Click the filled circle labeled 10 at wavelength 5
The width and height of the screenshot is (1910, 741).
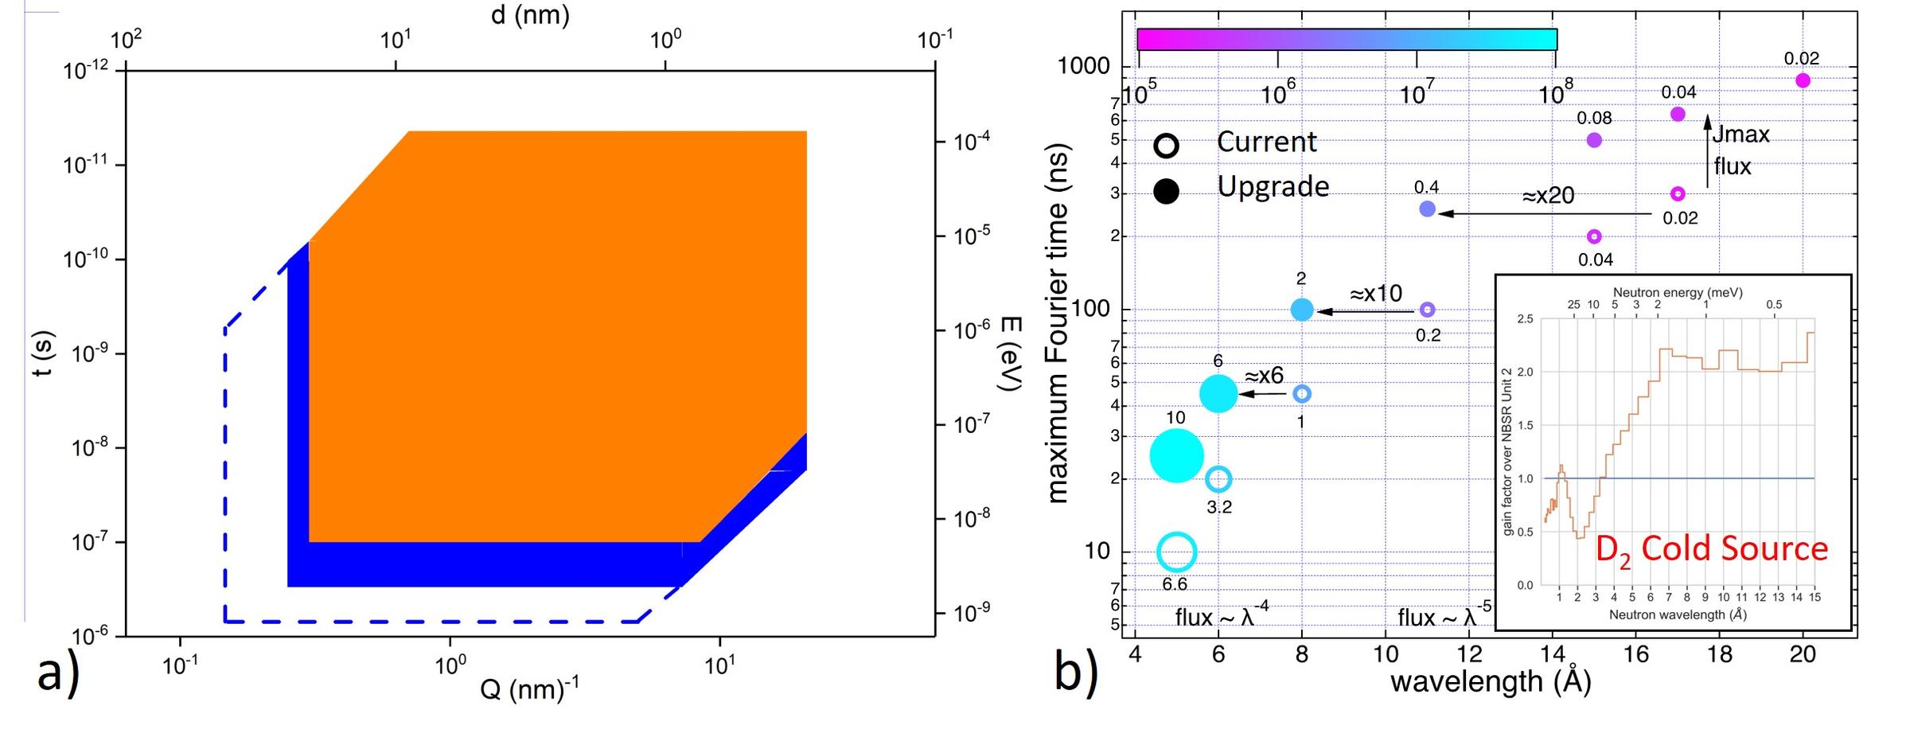[1176, 455]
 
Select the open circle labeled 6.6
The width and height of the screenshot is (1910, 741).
[1176, 552]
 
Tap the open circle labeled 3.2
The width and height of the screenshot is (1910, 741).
[1218, 479]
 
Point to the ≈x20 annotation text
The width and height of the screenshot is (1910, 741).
[1548, 196]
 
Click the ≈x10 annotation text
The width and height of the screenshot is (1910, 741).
[1376, 294]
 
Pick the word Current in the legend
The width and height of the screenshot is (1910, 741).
[1266, 142]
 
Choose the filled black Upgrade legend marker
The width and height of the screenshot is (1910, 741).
[1167, 191]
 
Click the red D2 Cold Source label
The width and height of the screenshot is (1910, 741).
[1711, 550]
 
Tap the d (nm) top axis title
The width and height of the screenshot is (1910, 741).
[530, 15]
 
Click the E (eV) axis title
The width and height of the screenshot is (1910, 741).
[1009, 353]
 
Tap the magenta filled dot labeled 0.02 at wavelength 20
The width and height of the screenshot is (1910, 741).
[1803, 80]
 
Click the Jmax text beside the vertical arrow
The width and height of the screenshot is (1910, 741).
[1740, 135]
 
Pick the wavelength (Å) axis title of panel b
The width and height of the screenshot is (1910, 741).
[1490, 682]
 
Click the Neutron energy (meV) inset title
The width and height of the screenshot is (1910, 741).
[1677, 293]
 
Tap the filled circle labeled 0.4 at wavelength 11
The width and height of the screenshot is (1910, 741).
[1427, 209]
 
